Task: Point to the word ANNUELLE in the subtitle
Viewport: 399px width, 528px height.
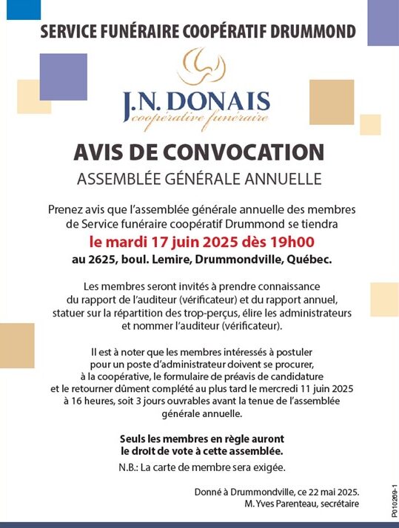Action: pyautogui.click(x=285, y=178)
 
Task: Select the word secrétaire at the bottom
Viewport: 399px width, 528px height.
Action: pyautogui.click(x=341, y=504)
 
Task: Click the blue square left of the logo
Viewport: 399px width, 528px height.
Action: pyautogui.click(x=63, y=77)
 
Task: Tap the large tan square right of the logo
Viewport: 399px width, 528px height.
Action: pyautogui.click(x=332, y=101)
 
